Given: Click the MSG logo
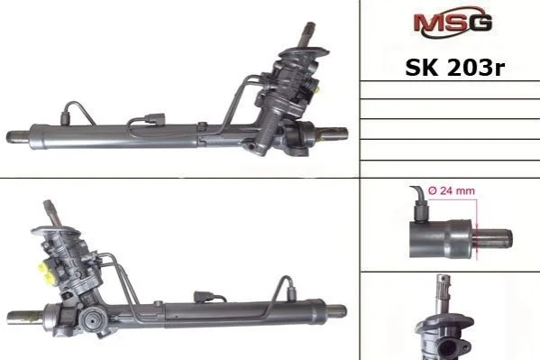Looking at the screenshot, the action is click(453, 22).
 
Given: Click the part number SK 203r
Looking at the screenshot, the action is click(454, 68).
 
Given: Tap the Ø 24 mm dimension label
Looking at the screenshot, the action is click(452, 190).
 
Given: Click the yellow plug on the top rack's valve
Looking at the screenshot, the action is click(316, 89).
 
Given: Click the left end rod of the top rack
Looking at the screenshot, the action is click(18, 136).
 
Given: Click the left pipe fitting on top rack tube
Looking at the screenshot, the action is click(66, 117).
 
